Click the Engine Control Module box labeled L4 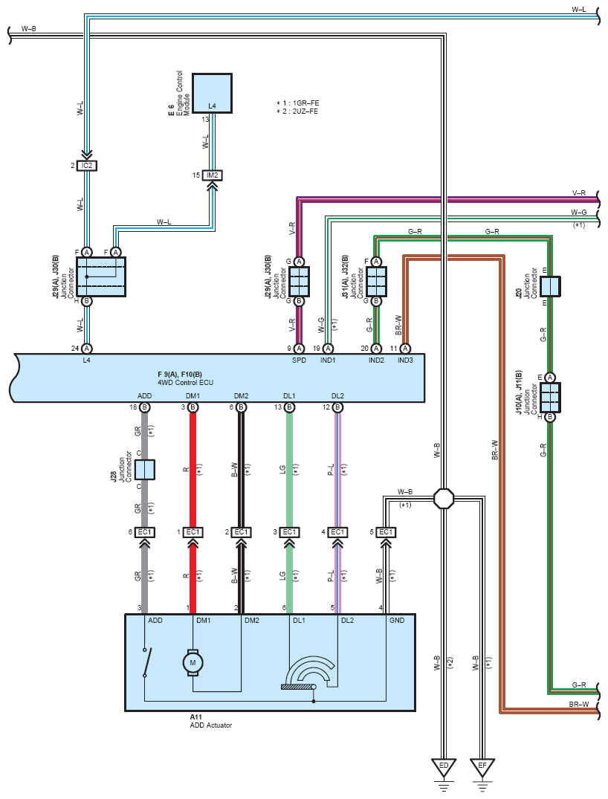click(212, 93)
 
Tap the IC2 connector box click(87, 166)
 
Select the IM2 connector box click(212, 175)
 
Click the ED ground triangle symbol click(444, 767)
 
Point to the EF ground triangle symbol click(482, 767)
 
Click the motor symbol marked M click(193, 662)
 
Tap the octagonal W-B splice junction click(444, 498)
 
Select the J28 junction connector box click(145, 470)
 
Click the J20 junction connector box click(550, 286)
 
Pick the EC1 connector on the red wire click(193, 532)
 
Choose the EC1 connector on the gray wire click(145, 532)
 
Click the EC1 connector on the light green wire click(289, 532)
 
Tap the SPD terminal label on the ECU click(299, 360)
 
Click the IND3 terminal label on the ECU click(405, 360)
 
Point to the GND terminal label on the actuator click(396, 620)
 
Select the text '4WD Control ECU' click(186, 382)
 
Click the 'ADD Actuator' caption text click(210, 725)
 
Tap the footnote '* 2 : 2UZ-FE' click(297, 111)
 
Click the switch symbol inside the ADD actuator click(146, 662)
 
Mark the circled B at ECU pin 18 click(145, 407)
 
